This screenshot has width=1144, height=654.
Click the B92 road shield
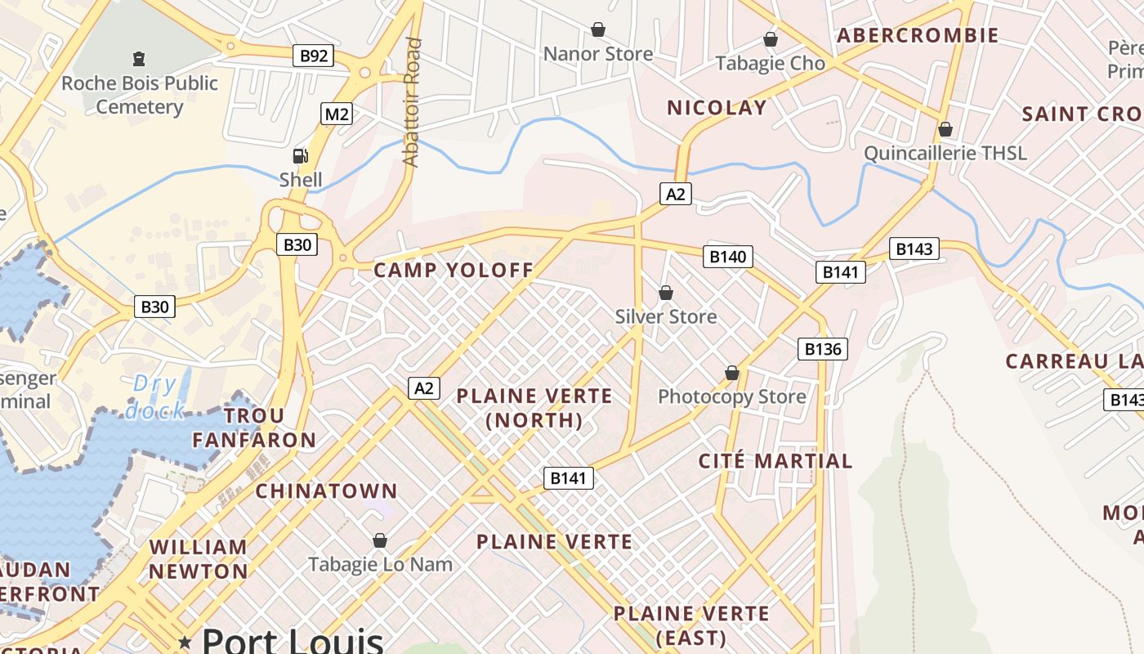[x=315, y=56]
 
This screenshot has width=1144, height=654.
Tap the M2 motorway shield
[x=337, y=114]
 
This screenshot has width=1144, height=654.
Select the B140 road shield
[x=727, y=257]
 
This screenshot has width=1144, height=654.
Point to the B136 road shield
[x=822, y=349]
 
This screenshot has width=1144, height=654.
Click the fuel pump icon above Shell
[x=301, y=155]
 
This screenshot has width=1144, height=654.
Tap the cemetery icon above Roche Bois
[x=138, y=59]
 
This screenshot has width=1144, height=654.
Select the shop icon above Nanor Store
[x=598, y=30]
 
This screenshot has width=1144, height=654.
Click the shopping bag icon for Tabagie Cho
[x=770, y=39]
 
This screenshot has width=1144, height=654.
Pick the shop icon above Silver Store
[x=666, y=293]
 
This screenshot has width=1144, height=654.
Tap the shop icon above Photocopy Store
[x=732, y=373]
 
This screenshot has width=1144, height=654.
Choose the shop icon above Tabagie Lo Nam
[x=379, y=540]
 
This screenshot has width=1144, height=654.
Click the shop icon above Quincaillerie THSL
[x=945, y=129]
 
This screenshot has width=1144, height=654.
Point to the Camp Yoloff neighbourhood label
[x=454, y=270]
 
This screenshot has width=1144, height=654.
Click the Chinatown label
[x=326, y=491]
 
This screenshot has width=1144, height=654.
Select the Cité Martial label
[x=775, y=461]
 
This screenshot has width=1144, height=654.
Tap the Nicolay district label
[x=717, y=107]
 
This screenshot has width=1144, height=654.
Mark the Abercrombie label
[x=918, y=35]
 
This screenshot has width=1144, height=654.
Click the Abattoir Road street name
[x=412, y=102]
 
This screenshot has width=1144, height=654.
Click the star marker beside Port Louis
[x=185, y=643]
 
